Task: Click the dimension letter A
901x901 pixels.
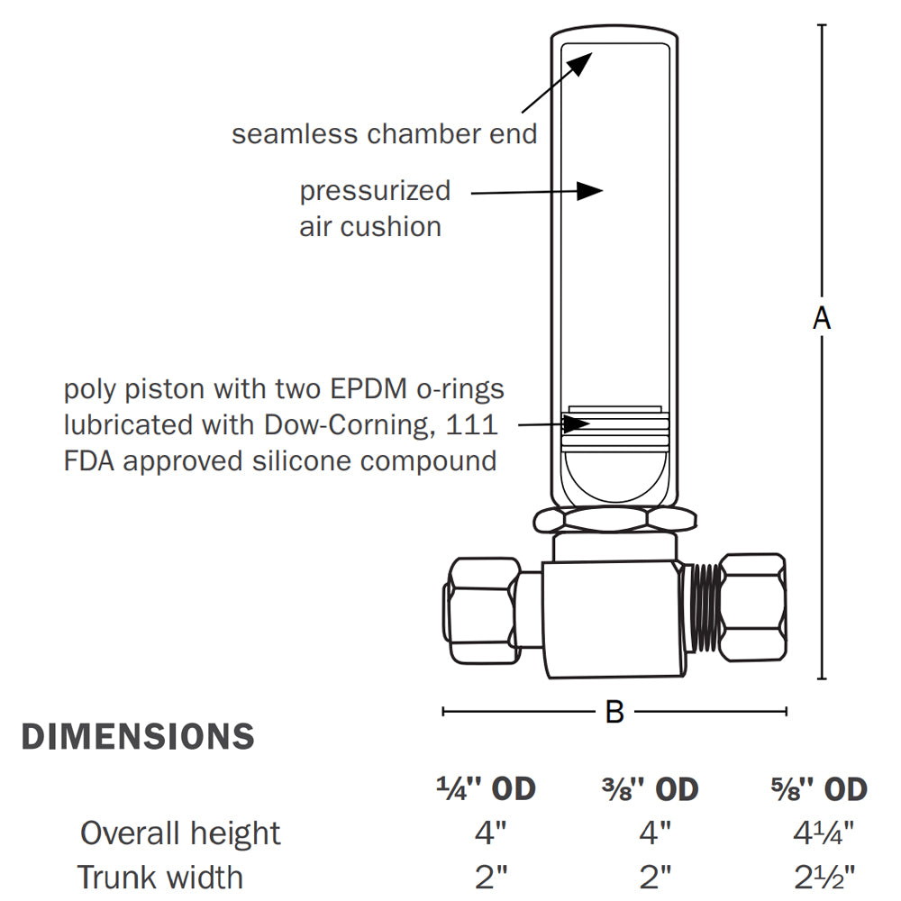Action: (x=821, y=318)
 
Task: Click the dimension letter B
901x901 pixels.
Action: (x=614, y=712)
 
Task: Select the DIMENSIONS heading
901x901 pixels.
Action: (x=138, y=737)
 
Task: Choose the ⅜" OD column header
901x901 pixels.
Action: (x=650, y=789)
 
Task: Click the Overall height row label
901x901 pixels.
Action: (x=180, y=833)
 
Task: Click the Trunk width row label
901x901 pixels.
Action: (x=160, y=877)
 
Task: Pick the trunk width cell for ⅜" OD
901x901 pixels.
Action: (x=655, y=877)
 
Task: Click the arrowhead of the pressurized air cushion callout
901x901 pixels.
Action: (x=590, y=190)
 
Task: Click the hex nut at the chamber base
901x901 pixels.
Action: (x=614, y=519)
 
